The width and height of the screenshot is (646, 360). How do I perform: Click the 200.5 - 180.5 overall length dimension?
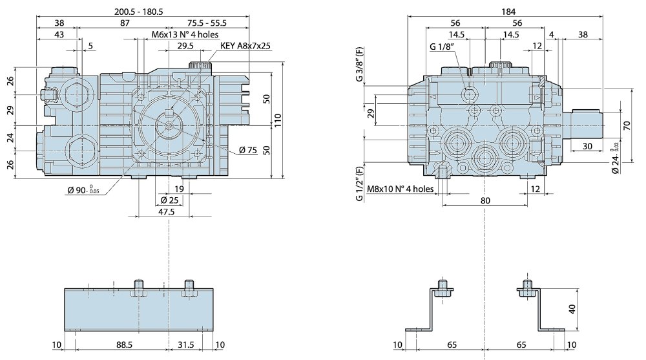coord(138,12)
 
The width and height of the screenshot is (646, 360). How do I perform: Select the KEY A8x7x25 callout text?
coord(245,45)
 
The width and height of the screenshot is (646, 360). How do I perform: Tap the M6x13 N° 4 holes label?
coord(185,34)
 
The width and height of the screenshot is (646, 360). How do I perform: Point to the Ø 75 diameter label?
coord(248,150)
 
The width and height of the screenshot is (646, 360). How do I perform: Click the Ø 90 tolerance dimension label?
coord(83,190)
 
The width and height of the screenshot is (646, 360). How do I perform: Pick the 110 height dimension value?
coord(278,120)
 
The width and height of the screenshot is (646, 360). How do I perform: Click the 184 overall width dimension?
coord(508,12)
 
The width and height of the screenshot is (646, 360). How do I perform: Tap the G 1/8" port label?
coord(442,46)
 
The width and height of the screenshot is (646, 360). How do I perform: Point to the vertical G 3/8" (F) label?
coord(360,64)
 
